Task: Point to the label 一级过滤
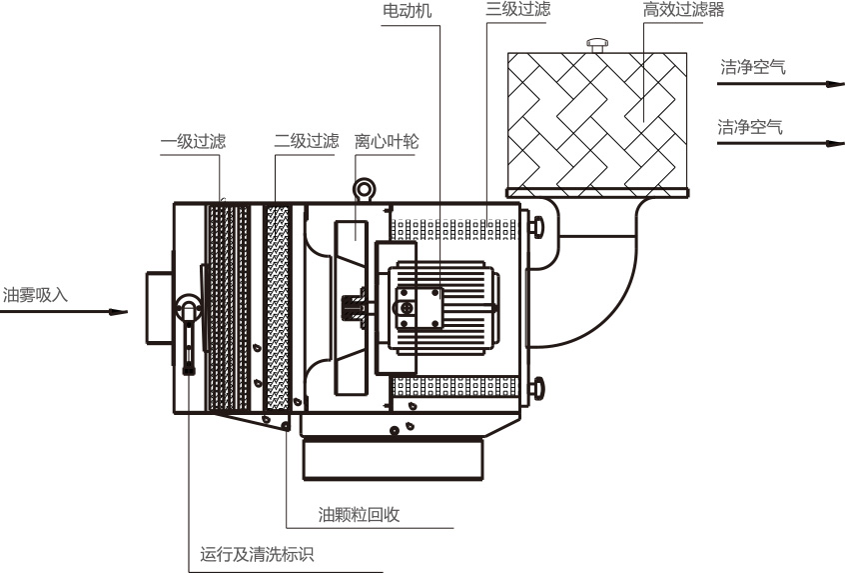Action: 193,141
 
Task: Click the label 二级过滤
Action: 307,141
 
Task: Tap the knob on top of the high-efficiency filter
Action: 598,44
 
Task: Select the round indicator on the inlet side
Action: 188,308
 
